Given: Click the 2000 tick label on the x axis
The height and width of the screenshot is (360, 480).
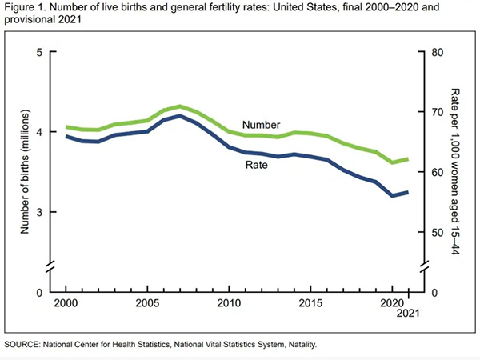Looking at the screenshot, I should click(66, 305).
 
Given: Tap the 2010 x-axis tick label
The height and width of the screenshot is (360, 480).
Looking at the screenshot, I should click(230, 305).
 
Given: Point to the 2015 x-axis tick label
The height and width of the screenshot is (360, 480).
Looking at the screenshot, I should click(311, 305).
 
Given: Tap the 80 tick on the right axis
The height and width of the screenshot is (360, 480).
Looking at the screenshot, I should click(437, 53).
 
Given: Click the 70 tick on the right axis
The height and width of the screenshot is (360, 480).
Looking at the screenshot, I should click(437, 113).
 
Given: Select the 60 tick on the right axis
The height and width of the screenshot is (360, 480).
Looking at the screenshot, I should click(437, 173).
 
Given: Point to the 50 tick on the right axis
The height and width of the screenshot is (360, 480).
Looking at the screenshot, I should click(437, 233).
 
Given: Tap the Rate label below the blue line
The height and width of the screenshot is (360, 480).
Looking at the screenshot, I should click(256, 166).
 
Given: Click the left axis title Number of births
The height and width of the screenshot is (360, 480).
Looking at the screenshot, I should click(25, 172).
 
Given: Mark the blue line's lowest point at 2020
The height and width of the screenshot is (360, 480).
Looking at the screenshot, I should click(393, 196).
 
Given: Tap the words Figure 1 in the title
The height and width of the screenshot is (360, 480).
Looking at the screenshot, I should click(26, 10).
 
